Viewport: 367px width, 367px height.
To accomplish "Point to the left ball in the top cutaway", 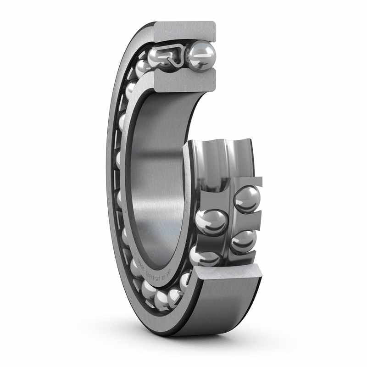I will [x=159, y=58].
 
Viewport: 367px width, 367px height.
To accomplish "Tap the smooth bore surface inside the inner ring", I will [x=156, y=174].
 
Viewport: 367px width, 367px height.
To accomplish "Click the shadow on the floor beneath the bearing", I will [x=193, y=342].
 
